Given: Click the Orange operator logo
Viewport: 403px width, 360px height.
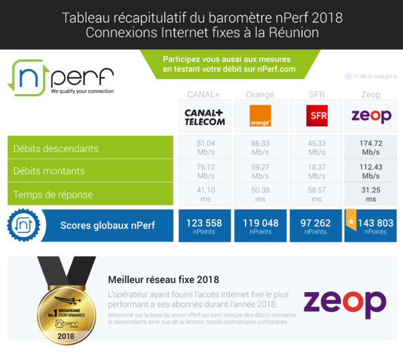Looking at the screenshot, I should click(260, 116).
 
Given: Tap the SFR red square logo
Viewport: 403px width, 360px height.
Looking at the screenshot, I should click(317, 116).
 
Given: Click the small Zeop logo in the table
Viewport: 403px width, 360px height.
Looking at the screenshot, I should click(371, 116).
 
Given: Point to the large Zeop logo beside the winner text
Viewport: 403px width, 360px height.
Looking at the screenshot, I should click(344, 302).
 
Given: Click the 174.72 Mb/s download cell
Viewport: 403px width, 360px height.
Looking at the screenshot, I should click(371, 147).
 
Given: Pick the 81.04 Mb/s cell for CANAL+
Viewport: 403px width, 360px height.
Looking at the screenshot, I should click(205, 147).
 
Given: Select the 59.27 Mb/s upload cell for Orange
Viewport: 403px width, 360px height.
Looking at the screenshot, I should click(260, 171).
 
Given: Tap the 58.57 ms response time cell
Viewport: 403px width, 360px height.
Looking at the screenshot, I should click(315, 194).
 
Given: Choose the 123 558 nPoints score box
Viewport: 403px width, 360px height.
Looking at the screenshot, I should click(204, 226).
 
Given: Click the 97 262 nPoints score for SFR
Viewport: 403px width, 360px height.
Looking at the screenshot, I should click(315, 226).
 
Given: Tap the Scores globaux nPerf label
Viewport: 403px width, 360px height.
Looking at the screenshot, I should click(107, 226).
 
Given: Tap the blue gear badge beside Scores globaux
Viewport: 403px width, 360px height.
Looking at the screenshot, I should click(23, 225).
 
